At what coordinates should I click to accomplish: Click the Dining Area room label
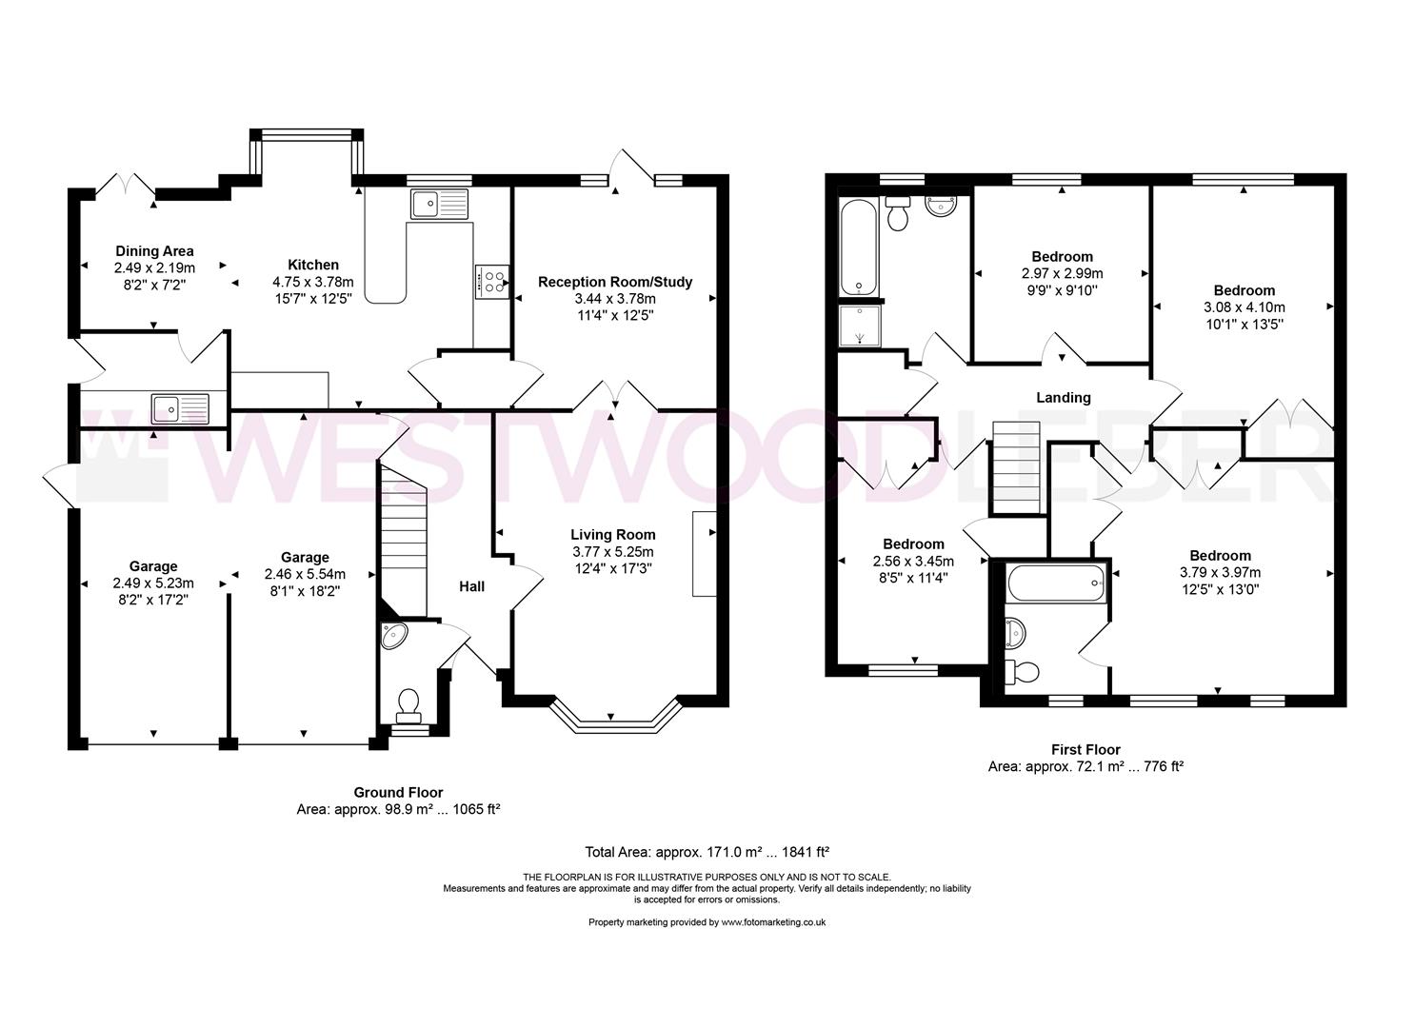point(154,251)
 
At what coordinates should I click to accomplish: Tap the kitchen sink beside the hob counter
point(440,204)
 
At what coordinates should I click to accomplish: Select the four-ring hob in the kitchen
point(491,281)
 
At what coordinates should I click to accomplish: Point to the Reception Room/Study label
point(614,282)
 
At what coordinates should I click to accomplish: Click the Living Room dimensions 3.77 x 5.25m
point(612,552)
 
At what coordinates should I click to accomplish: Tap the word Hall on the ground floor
point(472,586)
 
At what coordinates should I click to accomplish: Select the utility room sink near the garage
point(179,409)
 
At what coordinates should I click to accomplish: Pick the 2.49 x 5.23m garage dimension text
point(152,583)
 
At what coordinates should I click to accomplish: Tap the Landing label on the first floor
point(1063,398)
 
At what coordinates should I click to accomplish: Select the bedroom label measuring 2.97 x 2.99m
point(1062,257)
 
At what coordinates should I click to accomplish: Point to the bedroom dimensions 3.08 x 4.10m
point(1244,307)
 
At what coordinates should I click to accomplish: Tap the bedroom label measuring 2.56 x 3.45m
point(912,544)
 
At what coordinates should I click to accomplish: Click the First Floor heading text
point(1085,750)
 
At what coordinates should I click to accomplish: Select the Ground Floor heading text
point(398,792)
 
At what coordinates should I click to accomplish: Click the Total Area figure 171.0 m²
point(708,852)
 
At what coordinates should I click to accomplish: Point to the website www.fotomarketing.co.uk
point(772,922)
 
